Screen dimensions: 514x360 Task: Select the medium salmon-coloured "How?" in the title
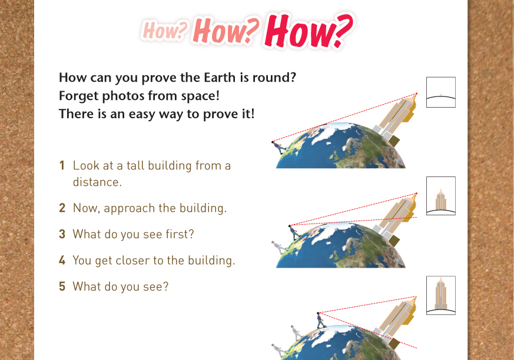tap(226, 30)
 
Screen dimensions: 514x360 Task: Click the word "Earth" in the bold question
tap(220, 78)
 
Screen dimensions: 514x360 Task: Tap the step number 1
tap(62, 165)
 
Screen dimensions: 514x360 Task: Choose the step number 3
tap(62, 234)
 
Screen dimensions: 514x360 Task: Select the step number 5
tap(62, 286)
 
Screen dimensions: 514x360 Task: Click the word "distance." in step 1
tap(97, 182)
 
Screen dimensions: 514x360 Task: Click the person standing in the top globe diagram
tap(278, 148)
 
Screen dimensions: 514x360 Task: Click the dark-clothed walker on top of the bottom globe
tap(320, 320)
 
